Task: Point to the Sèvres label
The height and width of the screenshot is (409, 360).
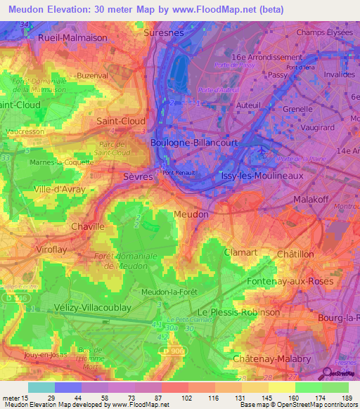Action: click(x=137, y=177)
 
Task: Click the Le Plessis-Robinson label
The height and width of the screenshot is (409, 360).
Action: click(x=238, y=312)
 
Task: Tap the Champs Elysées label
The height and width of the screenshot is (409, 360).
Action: click(x=324, y=32)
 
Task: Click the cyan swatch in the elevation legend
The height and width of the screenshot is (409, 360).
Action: click(x=41, y=387)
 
